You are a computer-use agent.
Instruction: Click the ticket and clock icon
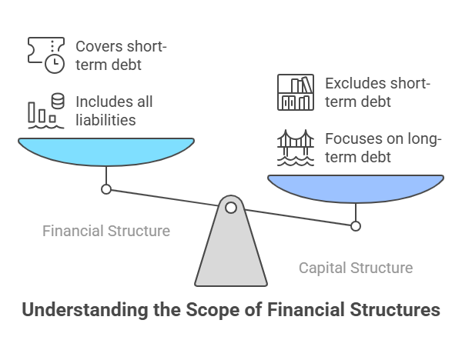click(x=45, y=54)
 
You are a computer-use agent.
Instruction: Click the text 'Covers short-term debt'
click(x=121, y=55)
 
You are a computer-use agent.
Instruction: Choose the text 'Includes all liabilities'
click(x=115, y=111)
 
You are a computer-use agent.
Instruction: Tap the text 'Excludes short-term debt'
click(x=377, y=92)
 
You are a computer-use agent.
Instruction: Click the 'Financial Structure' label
click(x=106, y=231)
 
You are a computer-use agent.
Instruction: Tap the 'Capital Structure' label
click(x=356, y=268)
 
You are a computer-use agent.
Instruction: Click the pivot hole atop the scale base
click(x=231, y=206)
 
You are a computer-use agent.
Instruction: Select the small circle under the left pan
click(x=106, y=189)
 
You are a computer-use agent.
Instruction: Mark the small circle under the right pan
click(x=356, y=226)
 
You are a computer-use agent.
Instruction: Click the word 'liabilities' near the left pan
click(x=107, y=120)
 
